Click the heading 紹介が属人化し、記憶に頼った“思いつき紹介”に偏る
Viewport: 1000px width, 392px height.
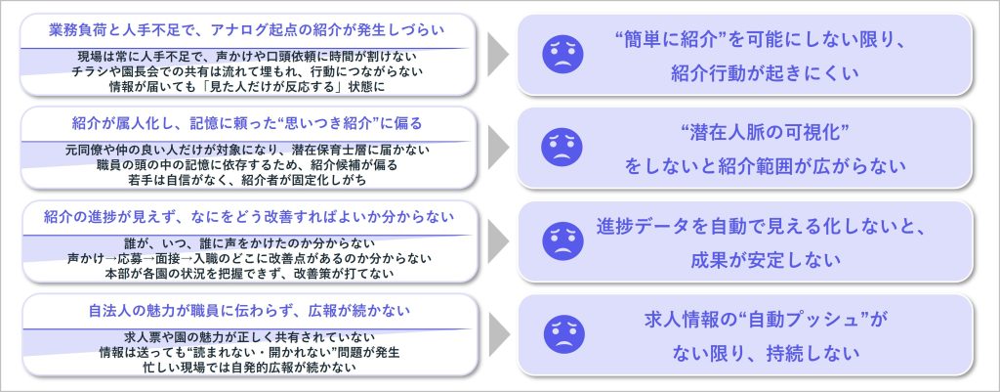pos(248,123)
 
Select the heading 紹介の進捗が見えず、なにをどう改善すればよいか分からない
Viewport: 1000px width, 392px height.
pos(248,216)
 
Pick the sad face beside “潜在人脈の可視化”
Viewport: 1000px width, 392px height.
pos(562,149)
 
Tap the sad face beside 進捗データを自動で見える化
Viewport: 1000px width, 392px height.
pos(562,241)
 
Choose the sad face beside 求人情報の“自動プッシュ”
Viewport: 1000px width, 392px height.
pos(562,334)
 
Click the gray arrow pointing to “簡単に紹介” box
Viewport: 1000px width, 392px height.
pos(498,56)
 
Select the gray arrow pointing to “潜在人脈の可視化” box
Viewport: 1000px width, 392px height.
pos(498,148)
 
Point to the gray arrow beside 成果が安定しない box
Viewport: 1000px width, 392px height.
pos(498,241)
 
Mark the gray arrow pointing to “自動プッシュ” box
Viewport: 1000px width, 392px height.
pos(498,334)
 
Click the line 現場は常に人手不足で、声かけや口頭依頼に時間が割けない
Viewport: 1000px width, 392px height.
pos(248,58)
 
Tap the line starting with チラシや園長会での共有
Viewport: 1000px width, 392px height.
pos(248,71)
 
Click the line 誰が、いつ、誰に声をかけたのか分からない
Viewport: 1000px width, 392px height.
pos(248,243)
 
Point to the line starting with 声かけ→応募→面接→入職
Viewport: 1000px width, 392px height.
pos(248,258)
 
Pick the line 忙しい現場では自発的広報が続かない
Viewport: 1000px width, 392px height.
pos(248,367)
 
